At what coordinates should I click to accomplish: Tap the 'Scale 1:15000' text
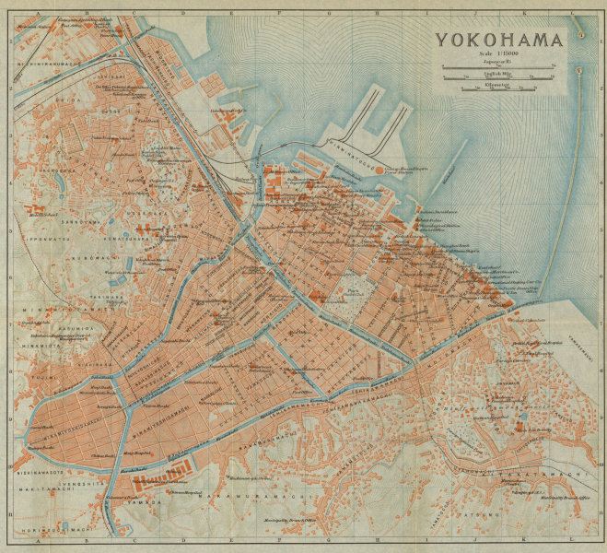tap(498, 55)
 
